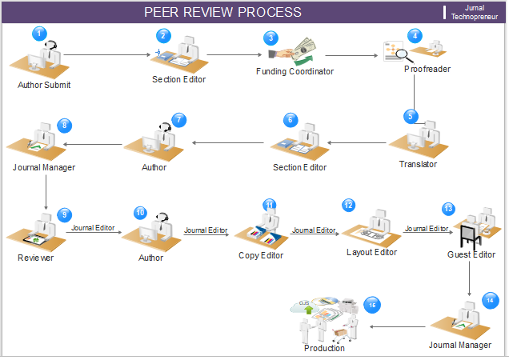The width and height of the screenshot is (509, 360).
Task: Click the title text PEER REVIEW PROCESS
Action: (222, 12)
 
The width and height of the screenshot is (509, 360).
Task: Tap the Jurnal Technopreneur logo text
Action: (474, 12)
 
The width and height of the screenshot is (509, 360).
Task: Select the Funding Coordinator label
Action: (295, 71)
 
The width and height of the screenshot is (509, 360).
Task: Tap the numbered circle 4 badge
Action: (414, 36)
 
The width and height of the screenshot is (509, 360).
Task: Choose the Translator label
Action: (418, 164)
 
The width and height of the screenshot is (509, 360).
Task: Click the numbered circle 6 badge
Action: (291, 119)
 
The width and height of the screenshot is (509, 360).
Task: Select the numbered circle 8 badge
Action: (64, 125)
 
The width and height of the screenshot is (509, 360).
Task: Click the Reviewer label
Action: (36, 258)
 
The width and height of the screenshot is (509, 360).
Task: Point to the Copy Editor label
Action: (260, 256)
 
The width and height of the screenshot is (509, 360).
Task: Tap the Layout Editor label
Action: (371, 253)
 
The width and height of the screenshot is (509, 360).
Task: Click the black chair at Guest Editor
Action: (467, 235)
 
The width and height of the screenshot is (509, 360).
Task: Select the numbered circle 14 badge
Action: (490, 300)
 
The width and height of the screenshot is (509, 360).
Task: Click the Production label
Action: (324, 348)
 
